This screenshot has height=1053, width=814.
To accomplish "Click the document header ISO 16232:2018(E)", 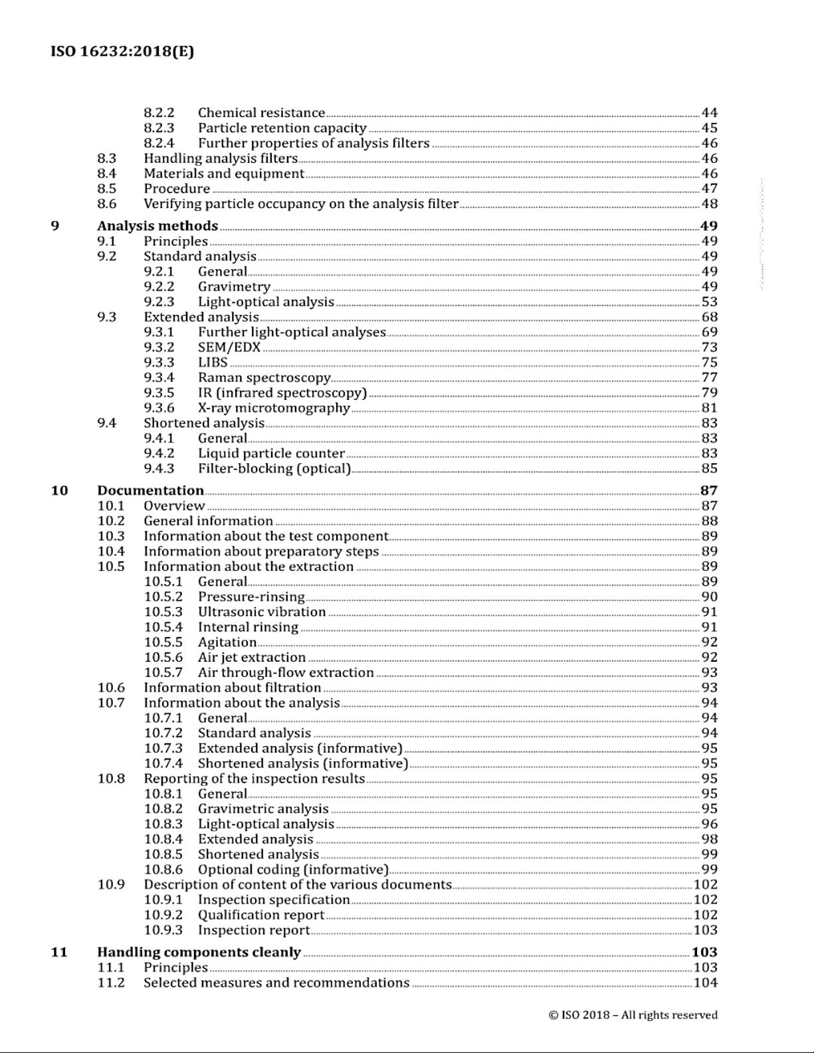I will tap(122, 51).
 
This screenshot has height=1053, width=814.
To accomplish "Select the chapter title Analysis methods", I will tap(157, 226).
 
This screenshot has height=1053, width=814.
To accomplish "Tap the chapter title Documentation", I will tap(150, 490).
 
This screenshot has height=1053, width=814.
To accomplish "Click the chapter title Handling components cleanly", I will tap(199, 952).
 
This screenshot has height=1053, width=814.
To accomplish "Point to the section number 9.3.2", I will tap(159, 347).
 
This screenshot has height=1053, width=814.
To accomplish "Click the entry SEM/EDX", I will tap(229, 347).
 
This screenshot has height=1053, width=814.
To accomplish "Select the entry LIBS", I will tap(213, 362).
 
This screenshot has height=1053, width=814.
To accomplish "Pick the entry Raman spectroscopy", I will tap(264, 377).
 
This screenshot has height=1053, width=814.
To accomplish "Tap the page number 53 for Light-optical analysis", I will tap(709, 302).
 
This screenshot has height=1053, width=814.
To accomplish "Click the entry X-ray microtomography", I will tap(274, 408).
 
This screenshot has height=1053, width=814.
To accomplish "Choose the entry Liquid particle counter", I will tap(271, 453).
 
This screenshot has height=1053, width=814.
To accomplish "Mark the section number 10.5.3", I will tap(163, 611).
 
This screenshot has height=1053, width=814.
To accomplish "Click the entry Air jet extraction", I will tap(252, 657).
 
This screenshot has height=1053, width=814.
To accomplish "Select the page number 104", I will tap(705, 983).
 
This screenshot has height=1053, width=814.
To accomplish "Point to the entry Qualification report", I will tap(261, 914).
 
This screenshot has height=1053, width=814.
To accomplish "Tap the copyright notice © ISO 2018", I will tap(633, 1014).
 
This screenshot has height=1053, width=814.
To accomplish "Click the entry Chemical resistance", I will tap(261, 113).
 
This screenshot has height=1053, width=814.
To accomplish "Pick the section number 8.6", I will tap(106, 204).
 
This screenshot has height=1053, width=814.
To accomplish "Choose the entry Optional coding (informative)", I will tap(293, 869).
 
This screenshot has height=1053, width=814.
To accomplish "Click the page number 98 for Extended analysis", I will tap(709, 839).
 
